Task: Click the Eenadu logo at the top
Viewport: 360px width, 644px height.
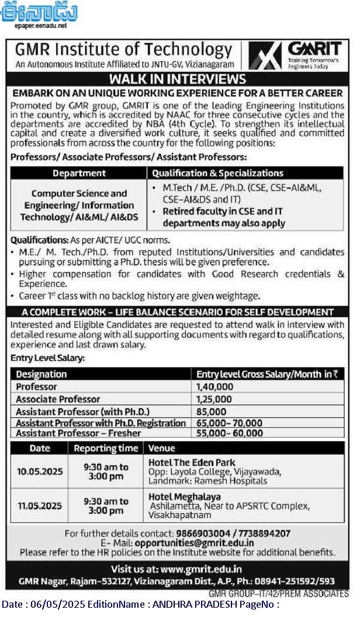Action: [39, 13]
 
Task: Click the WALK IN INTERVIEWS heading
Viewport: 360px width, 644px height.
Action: [178, 79]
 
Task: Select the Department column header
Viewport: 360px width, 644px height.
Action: [79, 173]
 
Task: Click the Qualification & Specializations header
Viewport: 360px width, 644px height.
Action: [217, 173]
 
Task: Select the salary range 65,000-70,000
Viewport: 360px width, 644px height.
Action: [229, 423]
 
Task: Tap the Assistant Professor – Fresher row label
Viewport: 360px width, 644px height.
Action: [78, 433]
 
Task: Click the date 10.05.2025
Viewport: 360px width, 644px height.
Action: [40, 472]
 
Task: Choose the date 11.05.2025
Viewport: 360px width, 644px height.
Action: [40, 506]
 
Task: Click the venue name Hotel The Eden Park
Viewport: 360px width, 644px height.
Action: [192, 462]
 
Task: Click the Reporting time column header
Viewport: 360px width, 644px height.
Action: [106, 448]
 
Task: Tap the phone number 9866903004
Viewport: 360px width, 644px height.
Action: [203, 534]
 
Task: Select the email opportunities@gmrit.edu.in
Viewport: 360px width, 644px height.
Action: [194, 542]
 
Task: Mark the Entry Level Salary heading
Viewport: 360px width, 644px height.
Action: [47, 357]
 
